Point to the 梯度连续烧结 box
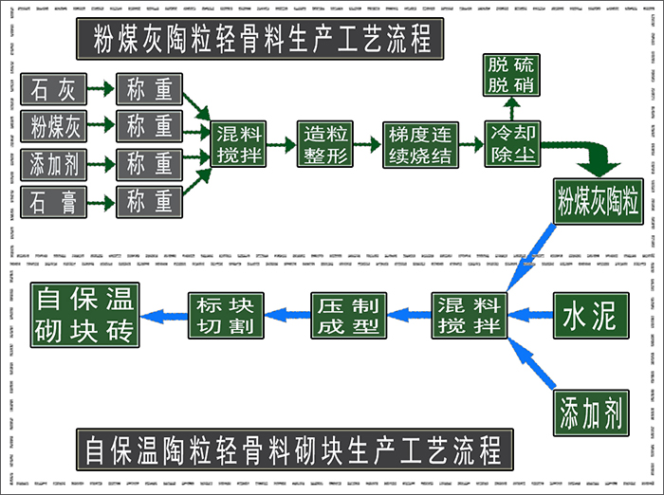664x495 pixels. pos(445,144)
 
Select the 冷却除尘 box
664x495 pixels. pos(539,144)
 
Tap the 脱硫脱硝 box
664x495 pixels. pos(538,75)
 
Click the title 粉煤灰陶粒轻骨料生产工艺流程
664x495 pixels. pos(262,39)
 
